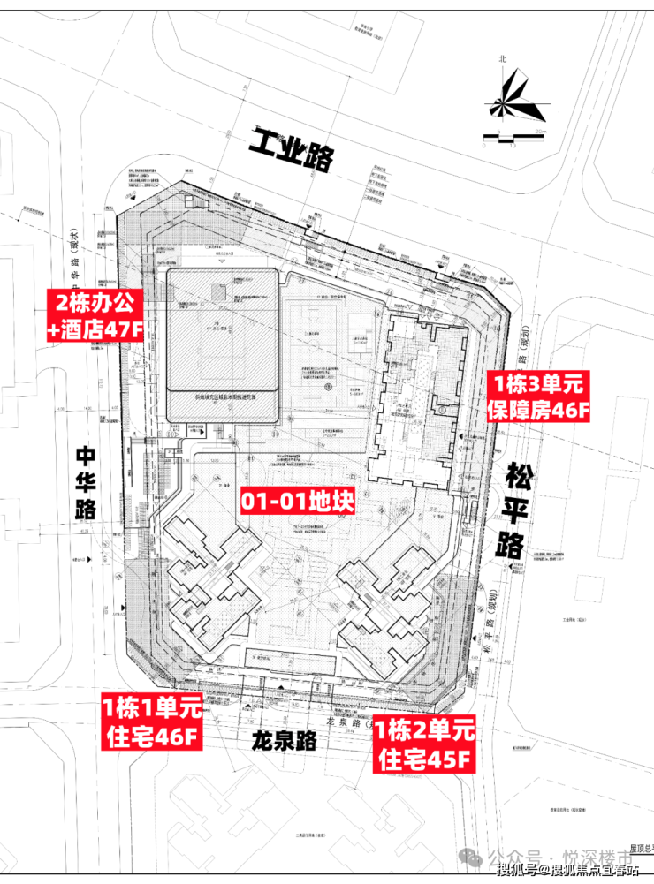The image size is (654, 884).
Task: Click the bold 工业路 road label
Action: [x=293, y=151]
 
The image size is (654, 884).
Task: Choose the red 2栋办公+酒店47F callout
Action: [x=95, y=319]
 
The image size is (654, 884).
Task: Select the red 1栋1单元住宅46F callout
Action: [x=153, y=722]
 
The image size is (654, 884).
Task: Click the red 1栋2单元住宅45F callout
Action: [x=424, y=743]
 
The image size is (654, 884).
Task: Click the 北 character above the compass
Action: [x=503, y=59]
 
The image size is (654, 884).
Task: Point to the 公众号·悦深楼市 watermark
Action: [x=556, y=855]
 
